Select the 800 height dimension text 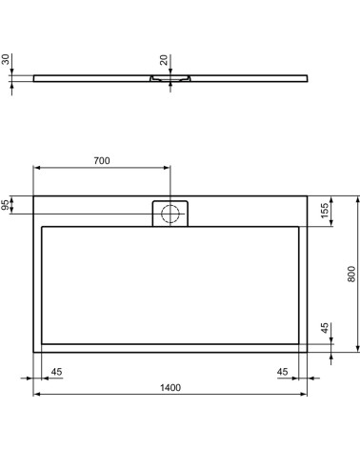pos(350,275)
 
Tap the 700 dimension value pos(102,159)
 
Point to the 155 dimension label pos(325,212)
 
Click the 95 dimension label pos(7,205)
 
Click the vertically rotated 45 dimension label pos(325,329)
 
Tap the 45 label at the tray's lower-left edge pos(55,372)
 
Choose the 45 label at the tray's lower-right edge pos(283,372)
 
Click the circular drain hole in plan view pos(170,213)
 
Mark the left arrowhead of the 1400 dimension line pos(37,393)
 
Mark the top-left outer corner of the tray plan pos(34,196)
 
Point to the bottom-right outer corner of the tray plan pos(307,352)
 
